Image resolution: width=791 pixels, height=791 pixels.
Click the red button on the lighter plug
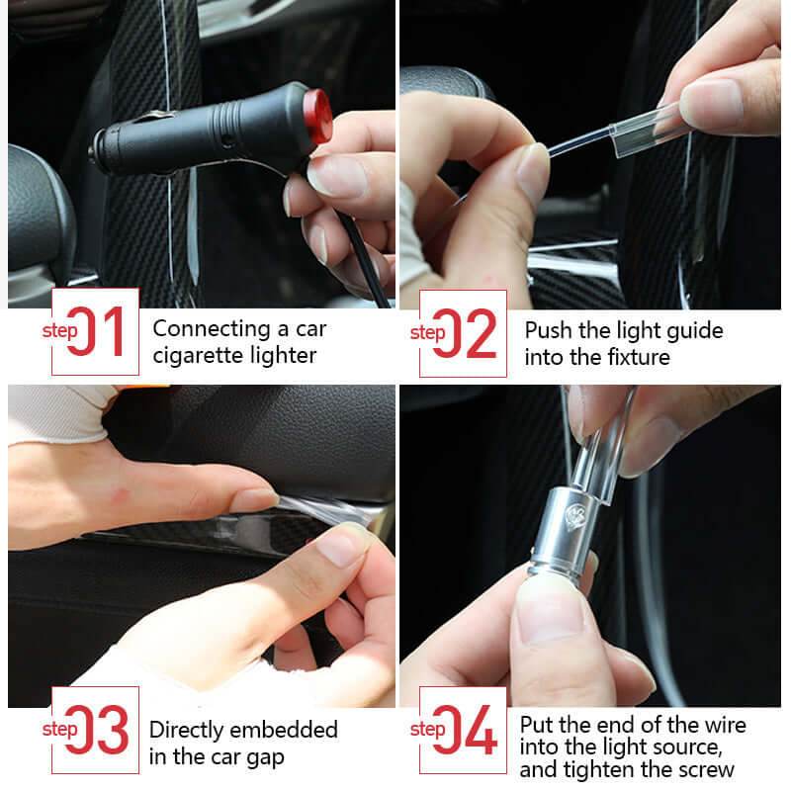point(317,107)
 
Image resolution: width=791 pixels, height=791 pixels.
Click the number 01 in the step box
point(102,332)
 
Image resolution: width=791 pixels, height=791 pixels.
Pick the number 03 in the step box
point(106,731)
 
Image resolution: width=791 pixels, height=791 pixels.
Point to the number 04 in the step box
point(474,731)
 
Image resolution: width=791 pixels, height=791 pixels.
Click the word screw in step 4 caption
point(705,769)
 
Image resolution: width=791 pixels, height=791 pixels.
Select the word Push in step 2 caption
point(548,330)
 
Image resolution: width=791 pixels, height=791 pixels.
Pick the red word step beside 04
point(427,730)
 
